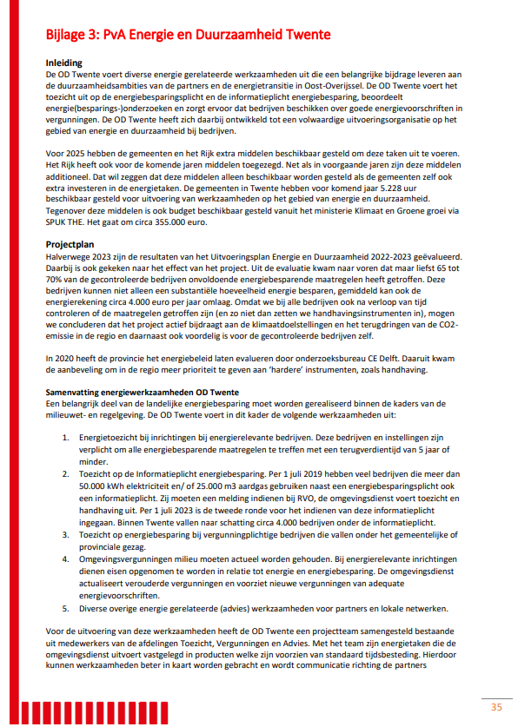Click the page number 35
pyautogui.click(x=496, y=706)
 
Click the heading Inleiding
pyautogui.click(x=63, y=63)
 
